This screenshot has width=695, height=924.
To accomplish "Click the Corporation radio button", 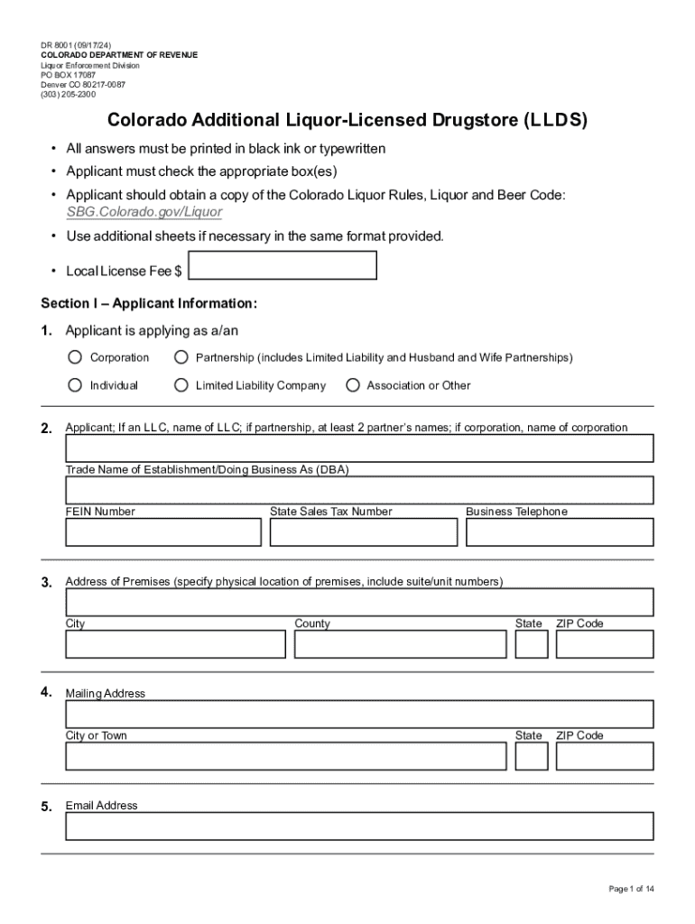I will [x=75, y=357].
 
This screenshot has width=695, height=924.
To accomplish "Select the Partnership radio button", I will [x=181, y=357].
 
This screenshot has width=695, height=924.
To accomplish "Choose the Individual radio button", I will [x=75, y=385].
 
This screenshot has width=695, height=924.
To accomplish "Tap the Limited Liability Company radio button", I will [x=181, y=385].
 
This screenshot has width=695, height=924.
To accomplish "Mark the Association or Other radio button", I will [x=352, y=385].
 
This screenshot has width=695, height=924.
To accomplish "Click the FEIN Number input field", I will [x=163, y=532].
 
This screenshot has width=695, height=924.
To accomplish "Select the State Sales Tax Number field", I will [x=363, y=532].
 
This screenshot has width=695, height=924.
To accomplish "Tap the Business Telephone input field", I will [x=560, y=532].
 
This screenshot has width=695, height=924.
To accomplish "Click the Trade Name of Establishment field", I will [x=359, y=490].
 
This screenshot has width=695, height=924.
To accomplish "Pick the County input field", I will [x=400, y=644].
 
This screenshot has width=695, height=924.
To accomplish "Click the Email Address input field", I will [x=359, y=826].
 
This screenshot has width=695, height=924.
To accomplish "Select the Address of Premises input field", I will [x=359, y=602].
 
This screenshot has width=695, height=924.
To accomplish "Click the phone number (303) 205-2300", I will [x=69, y=94].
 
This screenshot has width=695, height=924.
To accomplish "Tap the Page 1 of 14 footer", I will [x=631, y=889].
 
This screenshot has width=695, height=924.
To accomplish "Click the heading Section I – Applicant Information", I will [x=149, y=302].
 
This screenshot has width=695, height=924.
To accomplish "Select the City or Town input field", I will [x=285, y=756].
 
